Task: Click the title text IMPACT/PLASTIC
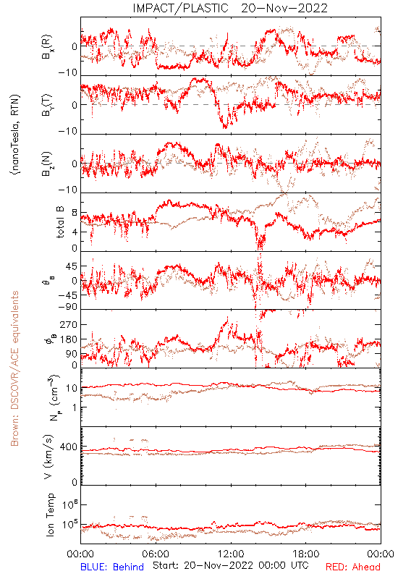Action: tap(180, 8)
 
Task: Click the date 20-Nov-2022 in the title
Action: tap(284, 8)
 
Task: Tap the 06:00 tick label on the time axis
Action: tap(156, 554)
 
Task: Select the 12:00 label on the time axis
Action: tap(231, 554)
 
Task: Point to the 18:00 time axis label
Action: tap(306, 554)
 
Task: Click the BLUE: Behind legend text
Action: tap(112, 567)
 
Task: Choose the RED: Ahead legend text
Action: tap(353, 567)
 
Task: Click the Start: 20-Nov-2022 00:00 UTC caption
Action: tap(231, 565)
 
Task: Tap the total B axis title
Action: tap(60, 222)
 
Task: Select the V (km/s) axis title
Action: tap(48, 457)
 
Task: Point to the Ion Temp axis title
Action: tap(50, 515)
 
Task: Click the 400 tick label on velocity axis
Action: tap(69, 447)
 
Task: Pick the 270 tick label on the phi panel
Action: tap(69, 324)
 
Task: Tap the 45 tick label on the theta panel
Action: tap(72, 266)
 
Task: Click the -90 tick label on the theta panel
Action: tap(67, 307)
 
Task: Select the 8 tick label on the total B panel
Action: tap(75, 213)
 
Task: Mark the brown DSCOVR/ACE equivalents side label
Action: tap(14, 368)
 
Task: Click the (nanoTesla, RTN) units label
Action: tap(15, 135)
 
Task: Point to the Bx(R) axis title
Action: tap(47, 46)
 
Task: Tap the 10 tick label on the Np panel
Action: tap(72, 388)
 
